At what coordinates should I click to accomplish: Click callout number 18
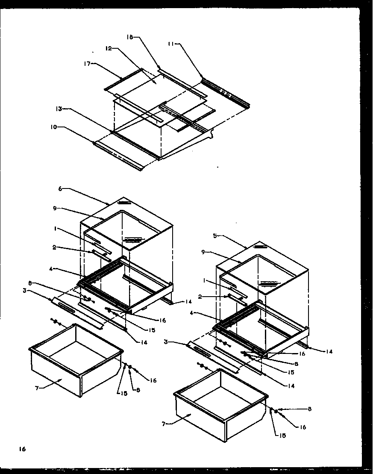click(130, 38)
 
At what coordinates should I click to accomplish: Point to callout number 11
click(171, 44)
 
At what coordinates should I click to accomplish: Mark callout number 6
click(60, 188)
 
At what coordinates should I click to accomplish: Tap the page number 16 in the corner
click(22, 449)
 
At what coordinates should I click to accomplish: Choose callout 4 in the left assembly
click(51, 269)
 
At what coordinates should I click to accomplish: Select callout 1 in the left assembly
click(56, 229)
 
